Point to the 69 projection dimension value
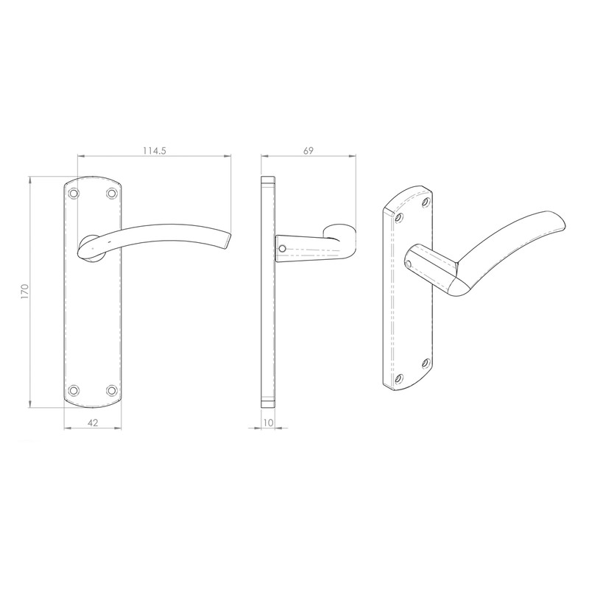point(308,150)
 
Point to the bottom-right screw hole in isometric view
point(426,363)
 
